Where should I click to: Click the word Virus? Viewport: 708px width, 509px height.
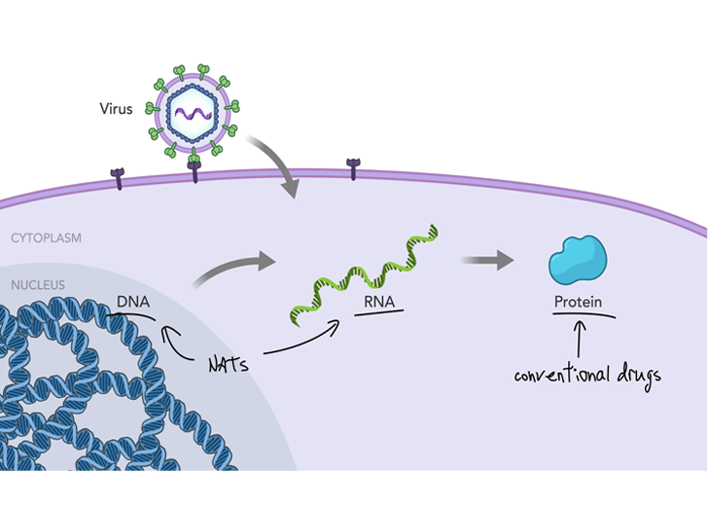[116, 109]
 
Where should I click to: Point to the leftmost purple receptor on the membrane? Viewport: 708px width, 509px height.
[119, 178]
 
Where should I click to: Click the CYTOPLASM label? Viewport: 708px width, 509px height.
[46, 237]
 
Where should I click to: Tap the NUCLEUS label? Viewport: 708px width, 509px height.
[38, 285]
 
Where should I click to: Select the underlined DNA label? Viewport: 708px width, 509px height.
[133, 302]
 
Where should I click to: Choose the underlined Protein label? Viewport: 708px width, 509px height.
[578, 302]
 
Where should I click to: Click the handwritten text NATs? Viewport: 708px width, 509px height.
[230, 366]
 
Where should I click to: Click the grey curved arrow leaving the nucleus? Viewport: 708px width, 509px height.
[228, 270]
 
